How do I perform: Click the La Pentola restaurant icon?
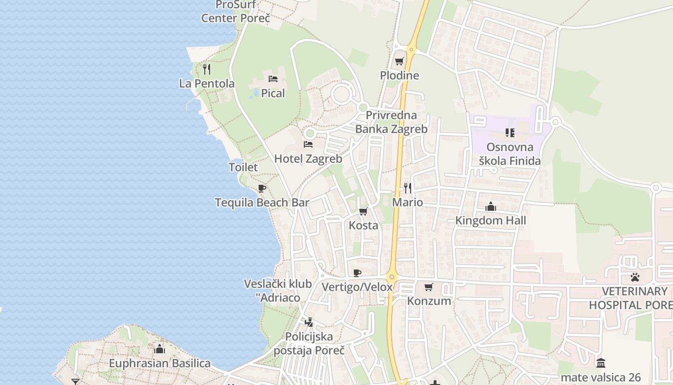(x=207, y=69)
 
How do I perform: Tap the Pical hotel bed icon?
(x=273, y=79)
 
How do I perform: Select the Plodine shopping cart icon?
(x=399, y=62)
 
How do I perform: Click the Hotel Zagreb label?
(x=308, y=159)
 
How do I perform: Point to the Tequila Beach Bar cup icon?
(x=262, y=188)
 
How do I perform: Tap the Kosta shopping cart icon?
(x=363, y=212)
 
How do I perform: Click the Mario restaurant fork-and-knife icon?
(x=408, y=188)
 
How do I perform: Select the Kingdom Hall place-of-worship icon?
(x=491, y=207)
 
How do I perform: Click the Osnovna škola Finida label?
(x=510, y=154)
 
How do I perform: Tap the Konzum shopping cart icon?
(x=429, y=287)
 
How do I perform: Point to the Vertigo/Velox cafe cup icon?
(x=357, y=273)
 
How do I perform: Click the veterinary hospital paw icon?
(x=635, y=278)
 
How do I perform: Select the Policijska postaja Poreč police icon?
(x=309, y=322)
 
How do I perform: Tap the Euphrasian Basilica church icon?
(x=160, y=349)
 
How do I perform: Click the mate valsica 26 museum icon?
(x=600, y=363)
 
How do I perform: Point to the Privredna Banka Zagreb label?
(x=391, y=122)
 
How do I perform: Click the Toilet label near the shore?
(x=243, y=167)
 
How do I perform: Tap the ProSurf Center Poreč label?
(x=236, y=12)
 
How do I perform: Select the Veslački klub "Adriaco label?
(x=278, y=291)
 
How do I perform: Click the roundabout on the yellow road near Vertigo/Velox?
(x=392, y=277)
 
